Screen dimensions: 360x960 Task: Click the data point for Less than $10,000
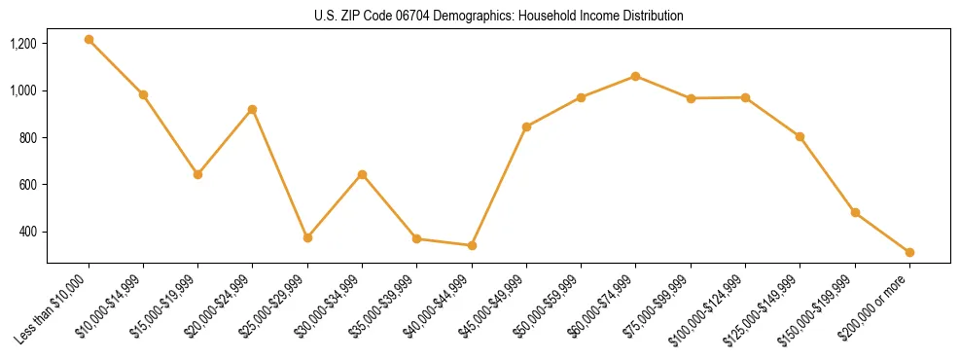tap(89, 40)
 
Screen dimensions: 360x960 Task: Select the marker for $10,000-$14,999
tap(143, 94)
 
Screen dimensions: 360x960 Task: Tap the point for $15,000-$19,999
tap(197, 174)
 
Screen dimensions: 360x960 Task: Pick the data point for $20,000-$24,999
tap(252, 109)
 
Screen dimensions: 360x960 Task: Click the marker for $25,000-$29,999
tap(307, 237)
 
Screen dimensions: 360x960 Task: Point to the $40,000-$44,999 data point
tap(472, 245)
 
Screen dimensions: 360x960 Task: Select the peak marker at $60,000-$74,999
tap(635, 76)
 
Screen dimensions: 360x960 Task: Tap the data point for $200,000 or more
tap(909, 252)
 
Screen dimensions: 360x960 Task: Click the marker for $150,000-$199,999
tap(855, 212)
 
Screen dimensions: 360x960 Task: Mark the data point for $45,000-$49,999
tap(526, 126)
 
